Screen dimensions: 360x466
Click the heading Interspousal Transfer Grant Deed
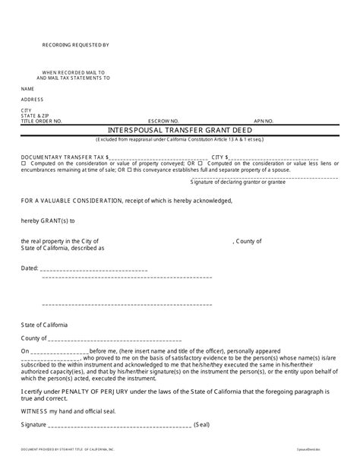(179, 129)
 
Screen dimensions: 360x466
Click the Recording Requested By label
(75, 46)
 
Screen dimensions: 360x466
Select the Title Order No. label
(41, 121)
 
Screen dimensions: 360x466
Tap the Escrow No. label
(163, 121)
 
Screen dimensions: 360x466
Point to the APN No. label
(263, 121)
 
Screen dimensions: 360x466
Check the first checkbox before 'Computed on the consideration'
(24, 163)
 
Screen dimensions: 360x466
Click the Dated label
(29, 268)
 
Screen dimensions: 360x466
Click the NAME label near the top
(27, 88)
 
